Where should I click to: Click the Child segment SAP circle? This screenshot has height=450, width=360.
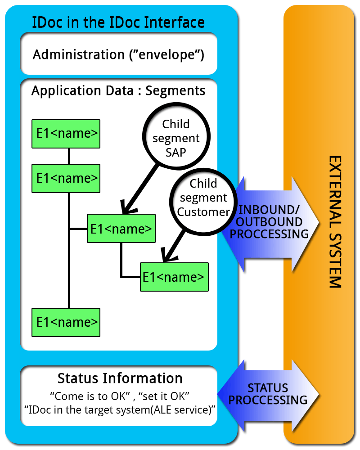[x=176, y=138]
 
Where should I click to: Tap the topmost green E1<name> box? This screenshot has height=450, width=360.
[x=66, y=134]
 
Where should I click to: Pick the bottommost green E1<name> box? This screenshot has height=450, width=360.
[x=66, y=322]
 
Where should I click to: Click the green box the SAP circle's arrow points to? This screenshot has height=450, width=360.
[x=121, y=228]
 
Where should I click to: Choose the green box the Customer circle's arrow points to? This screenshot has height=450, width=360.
[x=174, y=277]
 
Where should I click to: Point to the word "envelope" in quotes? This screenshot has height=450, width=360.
[x=166, y=55]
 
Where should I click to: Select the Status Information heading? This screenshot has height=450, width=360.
[x=120, y=378]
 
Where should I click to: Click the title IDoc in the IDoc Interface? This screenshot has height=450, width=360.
[x=118, y=22]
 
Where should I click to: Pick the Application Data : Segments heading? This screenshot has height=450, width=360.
[x=118, y=90]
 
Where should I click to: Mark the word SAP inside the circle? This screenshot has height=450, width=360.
[x=176, y=152]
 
